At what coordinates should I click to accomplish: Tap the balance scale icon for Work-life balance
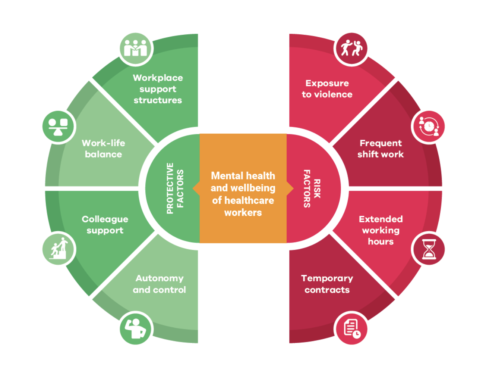tap(59, 127)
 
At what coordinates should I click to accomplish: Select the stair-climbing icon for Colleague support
tap(59, 249)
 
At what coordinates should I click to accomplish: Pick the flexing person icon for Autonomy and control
tap(136, 328)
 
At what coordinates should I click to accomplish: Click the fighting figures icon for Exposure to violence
tap(351, 49)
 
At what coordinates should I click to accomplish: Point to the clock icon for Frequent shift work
tap(428, 127)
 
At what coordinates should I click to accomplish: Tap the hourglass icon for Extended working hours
tap(428, 249)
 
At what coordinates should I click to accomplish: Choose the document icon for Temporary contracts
tap(351, 328)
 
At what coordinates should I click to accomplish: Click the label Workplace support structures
tap(158, 89)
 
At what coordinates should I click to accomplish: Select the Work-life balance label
tap(103, 149)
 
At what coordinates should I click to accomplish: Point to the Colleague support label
tap(105, 225)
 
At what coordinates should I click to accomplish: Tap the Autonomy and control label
tap(159, 284)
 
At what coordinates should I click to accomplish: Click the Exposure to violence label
tap(327, 89)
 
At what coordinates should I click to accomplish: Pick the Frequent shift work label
tap(381, 149)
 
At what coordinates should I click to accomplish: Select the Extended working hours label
tap(381, 230)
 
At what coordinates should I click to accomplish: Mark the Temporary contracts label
tap(327, 284)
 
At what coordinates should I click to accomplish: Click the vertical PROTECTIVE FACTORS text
tap(175, 188)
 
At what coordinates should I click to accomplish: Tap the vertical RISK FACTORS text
tap(312, 188)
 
